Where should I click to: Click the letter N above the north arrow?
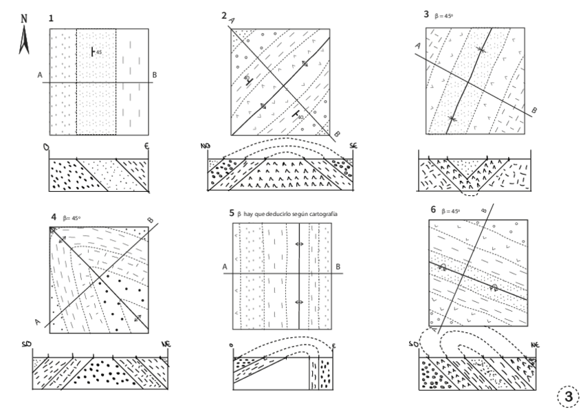tap(25, 19)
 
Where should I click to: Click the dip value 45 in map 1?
tap(99, 52)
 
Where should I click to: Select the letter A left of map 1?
tap(41, 75)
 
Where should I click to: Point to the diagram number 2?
tap(224, 14)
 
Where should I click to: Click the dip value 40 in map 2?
tap(300, 118)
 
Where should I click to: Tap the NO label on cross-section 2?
tap(205, 147)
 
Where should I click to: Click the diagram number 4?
tap(53, 218)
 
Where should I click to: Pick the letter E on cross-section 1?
tap(146, 147)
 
